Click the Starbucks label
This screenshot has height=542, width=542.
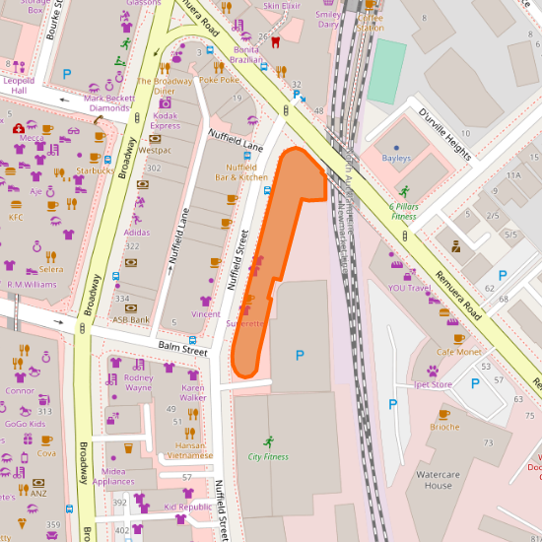click(x=95, y=170)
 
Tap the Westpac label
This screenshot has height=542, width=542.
click(x=155, y=151)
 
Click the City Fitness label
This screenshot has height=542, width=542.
click(x=268, y=456)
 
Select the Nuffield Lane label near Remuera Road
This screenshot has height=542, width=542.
click(x=236, y=144)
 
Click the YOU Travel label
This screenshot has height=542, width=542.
click(x=410, y=289)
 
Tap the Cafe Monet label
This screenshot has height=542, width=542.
click(x=459, y=352)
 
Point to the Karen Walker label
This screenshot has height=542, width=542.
click(x=192, y=393)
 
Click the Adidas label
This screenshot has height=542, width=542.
click(x=138, y=233)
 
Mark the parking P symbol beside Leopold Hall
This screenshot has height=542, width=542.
click(x=67, y=74)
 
